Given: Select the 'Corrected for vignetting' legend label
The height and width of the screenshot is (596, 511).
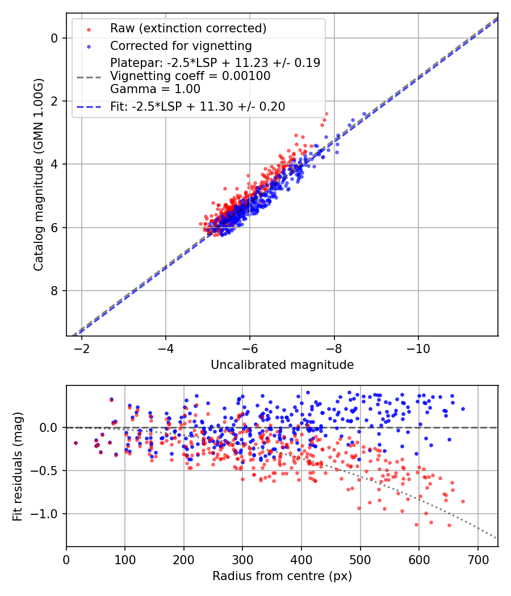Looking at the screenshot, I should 181,45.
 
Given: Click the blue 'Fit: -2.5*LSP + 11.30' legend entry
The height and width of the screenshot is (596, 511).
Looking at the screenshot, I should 198,106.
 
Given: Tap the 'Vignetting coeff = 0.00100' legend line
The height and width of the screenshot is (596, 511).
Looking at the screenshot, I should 190,76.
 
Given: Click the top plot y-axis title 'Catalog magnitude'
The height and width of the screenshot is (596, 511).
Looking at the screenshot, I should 38,174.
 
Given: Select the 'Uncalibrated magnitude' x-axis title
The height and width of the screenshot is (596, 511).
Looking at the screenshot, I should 282,365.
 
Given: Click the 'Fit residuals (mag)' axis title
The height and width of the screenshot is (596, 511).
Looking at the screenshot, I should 18,465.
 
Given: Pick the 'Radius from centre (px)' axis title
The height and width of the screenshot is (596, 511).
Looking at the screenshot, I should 282,576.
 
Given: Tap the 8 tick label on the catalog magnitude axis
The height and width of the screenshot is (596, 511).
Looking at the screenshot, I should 55,291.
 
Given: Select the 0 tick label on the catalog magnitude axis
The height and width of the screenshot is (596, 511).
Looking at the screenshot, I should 55,38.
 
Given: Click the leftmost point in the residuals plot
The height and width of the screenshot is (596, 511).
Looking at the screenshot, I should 76,443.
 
